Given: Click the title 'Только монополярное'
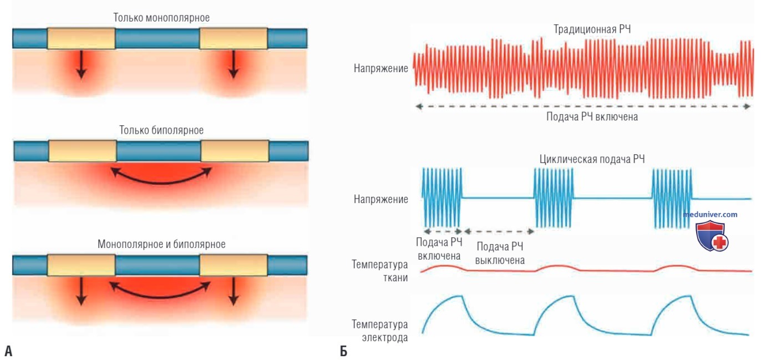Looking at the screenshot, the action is point(161,18).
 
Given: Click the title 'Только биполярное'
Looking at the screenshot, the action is point(161,130).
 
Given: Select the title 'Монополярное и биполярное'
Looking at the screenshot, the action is point(161,244).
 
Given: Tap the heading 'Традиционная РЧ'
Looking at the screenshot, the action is point(592,29).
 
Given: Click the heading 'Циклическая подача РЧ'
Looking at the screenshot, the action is point(592,159).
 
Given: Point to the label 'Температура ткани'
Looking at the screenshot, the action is point(379,271).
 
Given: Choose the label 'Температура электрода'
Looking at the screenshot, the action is point(379,331).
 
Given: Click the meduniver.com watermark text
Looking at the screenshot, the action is point(710,214).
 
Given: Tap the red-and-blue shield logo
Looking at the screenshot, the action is point(712,236).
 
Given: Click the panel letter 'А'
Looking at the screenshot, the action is point(8,351).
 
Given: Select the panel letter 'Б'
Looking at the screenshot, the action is point(343,351).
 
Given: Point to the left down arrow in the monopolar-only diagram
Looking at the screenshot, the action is point(81,64).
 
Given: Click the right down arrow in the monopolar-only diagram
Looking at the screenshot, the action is point(233,64).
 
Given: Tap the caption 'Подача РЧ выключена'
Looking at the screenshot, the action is point(500,253).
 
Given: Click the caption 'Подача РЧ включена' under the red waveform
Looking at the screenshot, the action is point(592,117).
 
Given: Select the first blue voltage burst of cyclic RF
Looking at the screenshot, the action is point(442,197).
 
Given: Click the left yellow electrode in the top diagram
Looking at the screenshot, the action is point(81,39).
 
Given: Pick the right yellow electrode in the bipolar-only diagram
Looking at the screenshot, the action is point(235,151).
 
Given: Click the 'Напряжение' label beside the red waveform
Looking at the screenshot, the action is point(381,69).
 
